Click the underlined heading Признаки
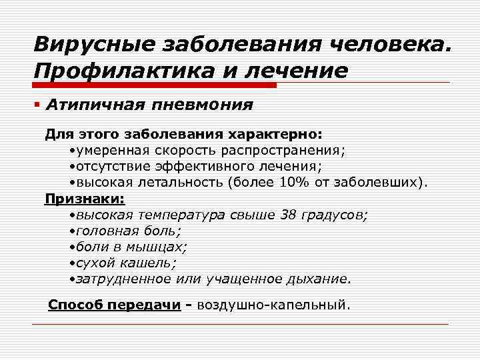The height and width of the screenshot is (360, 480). pos(85,198)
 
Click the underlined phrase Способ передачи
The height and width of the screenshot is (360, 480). pos(115,305)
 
